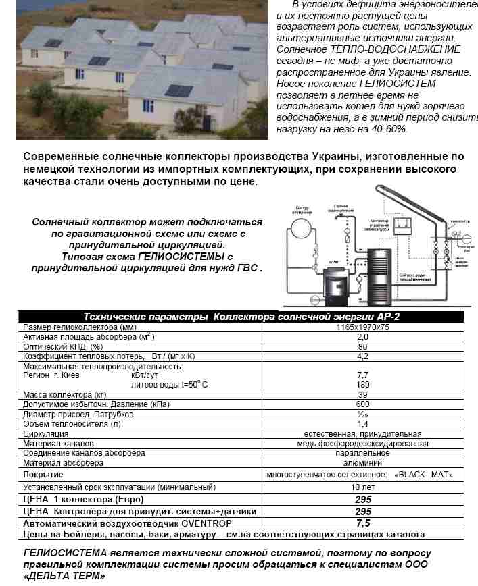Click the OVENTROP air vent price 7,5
click(362, 523)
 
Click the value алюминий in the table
click(362, 463)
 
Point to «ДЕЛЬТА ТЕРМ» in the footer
click(64, 577)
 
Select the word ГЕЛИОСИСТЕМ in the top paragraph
click(402, 84)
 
